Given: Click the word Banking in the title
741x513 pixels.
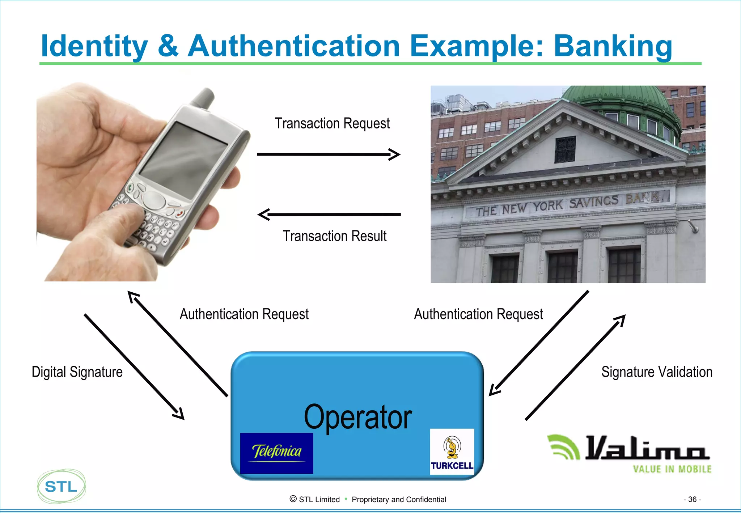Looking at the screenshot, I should [x=613, y=46].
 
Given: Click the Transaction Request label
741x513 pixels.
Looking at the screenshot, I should [x=332, y=123].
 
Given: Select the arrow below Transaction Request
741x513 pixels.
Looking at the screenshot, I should [x=329, y=154].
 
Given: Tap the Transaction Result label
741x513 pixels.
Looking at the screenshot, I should [x=334, y=236].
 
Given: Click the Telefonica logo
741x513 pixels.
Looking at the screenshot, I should [x=277, y=453].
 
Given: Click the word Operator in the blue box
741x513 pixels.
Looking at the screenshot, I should [x=357, y=417].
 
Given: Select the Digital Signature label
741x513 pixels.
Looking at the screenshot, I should [x=77, y=372].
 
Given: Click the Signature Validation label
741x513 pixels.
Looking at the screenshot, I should [x=657, y=372].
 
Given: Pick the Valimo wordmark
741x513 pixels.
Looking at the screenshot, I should [x=646, y=449].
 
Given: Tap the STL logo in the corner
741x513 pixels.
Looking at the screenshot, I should [x=61, y=486].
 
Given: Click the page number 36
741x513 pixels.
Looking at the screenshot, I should [x=692, y=499].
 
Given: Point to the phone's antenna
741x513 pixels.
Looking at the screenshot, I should [x=204, y=98].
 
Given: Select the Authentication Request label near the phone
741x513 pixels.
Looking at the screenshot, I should [x=244, y=314].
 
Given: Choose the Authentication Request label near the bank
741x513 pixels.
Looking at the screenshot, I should [x=478, y=314].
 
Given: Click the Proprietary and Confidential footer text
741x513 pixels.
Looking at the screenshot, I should [x=399, y=500].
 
